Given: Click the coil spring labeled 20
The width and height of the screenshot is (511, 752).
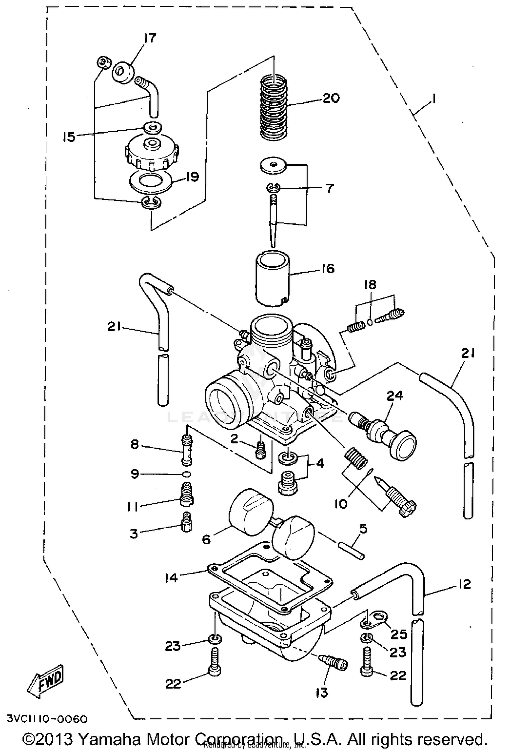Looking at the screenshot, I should coord(274,107).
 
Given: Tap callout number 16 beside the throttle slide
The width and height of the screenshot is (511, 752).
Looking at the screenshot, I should coord(328,269).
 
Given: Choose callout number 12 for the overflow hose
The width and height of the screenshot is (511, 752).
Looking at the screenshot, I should coord(464,584).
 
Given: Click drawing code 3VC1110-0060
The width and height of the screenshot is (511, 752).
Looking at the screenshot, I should coord(47,719).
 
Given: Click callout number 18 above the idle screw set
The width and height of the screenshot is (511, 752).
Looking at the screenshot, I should coord(371,285).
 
